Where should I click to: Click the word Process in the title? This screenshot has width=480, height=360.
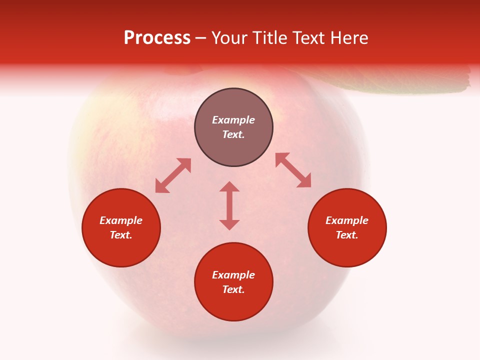coord(157,38)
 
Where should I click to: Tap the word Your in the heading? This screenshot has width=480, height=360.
coord(229,38)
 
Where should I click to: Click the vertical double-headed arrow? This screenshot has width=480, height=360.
coord(229,205)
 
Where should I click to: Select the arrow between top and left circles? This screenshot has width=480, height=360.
coord(173,175)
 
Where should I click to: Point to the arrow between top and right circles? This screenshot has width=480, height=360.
coord(293,170)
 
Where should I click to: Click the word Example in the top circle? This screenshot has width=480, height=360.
coord(233,120)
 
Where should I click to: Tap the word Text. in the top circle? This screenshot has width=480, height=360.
coord(233,134)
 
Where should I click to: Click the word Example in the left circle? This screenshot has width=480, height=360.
coord(121,220)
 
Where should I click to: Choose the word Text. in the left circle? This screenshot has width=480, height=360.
coord(121,235)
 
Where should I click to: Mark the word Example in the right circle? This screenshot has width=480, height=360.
coord(347,220)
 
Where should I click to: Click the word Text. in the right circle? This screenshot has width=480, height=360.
coord(347,235)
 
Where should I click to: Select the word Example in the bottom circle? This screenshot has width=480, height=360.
coord(233,275)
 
